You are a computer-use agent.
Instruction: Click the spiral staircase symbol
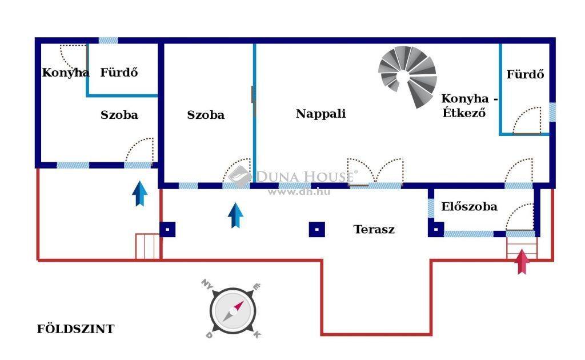click(x=407, y=77)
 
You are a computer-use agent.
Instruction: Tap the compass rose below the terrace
click(x=232, y=311)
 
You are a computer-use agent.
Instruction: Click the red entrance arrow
click(x=522, y=262)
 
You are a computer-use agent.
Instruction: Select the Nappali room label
click(x=320, y=114)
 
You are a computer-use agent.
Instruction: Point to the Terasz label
click(x=374, y=230)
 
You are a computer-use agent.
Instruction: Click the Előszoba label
click(x=469, y=207)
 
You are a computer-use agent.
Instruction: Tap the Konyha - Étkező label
click(x=468, y=105)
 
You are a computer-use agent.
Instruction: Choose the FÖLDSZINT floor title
click(x=75, y=329)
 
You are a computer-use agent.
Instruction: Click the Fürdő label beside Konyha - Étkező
click(x=525, y=74)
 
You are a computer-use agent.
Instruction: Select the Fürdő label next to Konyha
click(x=119, y=73)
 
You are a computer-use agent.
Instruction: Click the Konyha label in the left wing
click(x=65, y=73)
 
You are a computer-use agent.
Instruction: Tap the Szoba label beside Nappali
click(x=206, y=115)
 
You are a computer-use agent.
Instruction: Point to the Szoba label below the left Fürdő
click(x=119, y=115)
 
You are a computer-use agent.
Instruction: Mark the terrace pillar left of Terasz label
click(x=317, y=229)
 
